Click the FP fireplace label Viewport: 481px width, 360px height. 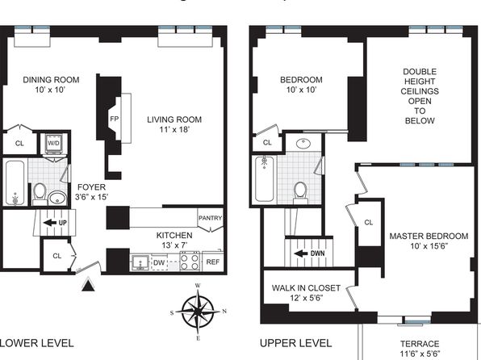[x=114, y=119]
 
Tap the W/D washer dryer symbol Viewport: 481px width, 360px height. [x=54, y=144]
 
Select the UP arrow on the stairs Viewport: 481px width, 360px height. [x=50, y=223]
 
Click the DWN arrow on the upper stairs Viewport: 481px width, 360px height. [x=301, y=253]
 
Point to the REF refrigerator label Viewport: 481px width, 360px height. [x=213, y=262]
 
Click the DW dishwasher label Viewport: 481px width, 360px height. [x=159, y=262]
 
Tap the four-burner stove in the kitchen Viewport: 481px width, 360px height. [x=190, y=262]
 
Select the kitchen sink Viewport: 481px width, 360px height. [x=140, y=262]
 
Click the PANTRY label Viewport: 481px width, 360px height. [x=210, y=218]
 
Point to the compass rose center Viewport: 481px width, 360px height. [x=199, y=312]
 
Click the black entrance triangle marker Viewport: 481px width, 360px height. [x=89, y=284]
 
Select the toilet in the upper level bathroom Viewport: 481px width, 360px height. [x=300, y=192]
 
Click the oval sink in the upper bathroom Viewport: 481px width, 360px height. [x=303, y=143]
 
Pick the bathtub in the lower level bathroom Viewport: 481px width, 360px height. [x=15, y=183]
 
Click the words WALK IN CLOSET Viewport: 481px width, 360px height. [x=306, y=288]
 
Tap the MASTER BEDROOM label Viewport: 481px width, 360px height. [x=429, y=236]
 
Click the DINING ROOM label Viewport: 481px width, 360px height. [x=51, y=80]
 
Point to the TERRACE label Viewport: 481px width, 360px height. [x=420, y=344]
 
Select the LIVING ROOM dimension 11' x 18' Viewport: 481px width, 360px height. [x=174, y=129]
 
